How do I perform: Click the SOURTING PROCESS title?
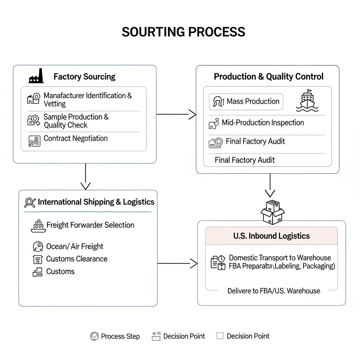pos(183,32)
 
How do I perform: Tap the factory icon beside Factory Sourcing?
pos(36,76)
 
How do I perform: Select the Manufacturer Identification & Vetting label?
pos(88,99)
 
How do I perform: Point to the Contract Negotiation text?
pos(76,139)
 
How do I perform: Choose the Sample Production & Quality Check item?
pos(76,121)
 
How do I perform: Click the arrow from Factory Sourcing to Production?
pos(176,114)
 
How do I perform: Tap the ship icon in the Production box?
pos(307,101)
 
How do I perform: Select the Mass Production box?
pos(246,102)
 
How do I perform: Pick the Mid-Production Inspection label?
pos(263,123)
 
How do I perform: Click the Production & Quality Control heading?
pos(269,77)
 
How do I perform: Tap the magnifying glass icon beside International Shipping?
pos(30,202)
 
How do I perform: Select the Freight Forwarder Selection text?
pos(90,225)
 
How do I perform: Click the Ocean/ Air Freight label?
pos(75,246)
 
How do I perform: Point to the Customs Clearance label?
pos(77,259)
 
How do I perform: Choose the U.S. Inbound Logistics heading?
pos(271,236)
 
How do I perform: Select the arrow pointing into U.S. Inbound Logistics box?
pos(178,263)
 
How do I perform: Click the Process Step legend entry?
pos(115,336)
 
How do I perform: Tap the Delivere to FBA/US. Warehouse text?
pos(274,291)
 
